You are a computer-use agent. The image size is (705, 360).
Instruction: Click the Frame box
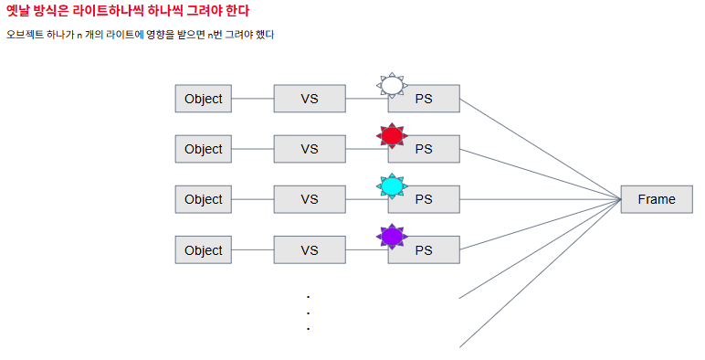[x=657, y=199]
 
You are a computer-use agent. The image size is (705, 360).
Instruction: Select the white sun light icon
[x=392, y=86]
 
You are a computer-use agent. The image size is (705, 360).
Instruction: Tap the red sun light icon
[x=392, y=136]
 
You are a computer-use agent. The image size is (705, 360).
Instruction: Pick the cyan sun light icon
[x=392, y=186]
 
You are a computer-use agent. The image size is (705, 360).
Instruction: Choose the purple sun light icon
[x=392, y=237]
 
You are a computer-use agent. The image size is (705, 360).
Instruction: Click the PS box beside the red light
[x=424, y=149]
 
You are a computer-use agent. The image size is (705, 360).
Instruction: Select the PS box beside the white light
[x=424, y=99]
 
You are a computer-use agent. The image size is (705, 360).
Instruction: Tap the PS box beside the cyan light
[x=424, y=199]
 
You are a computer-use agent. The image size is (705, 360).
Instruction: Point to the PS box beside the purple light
[x=424, y=249]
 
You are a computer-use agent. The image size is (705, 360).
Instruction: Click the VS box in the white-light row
[x=310, y=99]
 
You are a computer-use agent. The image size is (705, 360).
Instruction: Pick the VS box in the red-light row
[x=310, y=149]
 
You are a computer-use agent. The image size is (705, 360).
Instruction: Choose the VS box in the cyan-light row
[x=310, y=199]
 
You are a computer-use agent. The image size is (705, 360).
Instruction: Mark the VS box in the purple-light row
[x=310, y=249]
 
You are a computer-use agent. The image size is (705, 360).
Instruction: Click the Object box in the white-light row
[x=204, y=99]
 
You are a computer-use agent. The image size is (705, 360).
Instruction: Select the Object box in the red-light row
[x=204, y=149]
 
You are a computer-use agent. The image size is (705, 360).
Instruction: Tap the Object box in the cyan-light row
[x=204, y=199]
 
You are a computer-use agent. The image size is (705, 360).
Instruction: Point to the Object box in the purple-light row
[x=204, y=249]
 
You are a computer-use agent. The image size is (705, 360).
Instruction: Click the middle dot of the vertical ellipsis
[x=308, y=313]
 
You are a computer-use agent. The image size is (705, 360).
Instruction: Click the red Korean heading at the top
[x=128, y=10]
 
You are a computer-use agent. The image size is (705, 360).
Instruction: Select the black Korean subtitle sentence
[x=140, y=35]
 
